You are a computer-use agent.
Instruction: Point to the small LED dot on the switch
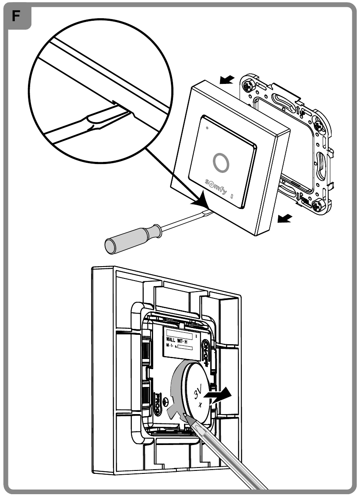point(207,127)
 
